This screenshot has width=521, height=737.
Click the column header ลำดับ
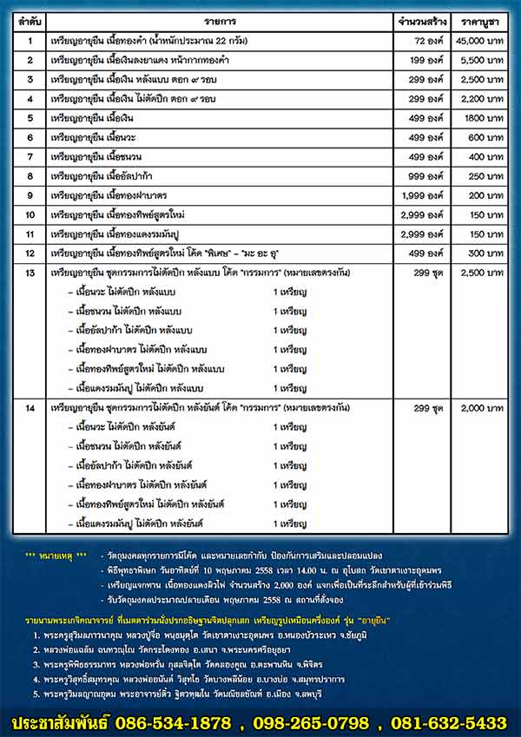pos(29,16)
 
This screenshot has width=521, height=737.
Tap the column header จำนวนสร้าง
pos(420,16)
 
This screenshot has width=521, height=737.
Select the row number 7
pos(30,156)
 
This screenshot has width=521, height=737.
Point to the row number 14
pos(30,407)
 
